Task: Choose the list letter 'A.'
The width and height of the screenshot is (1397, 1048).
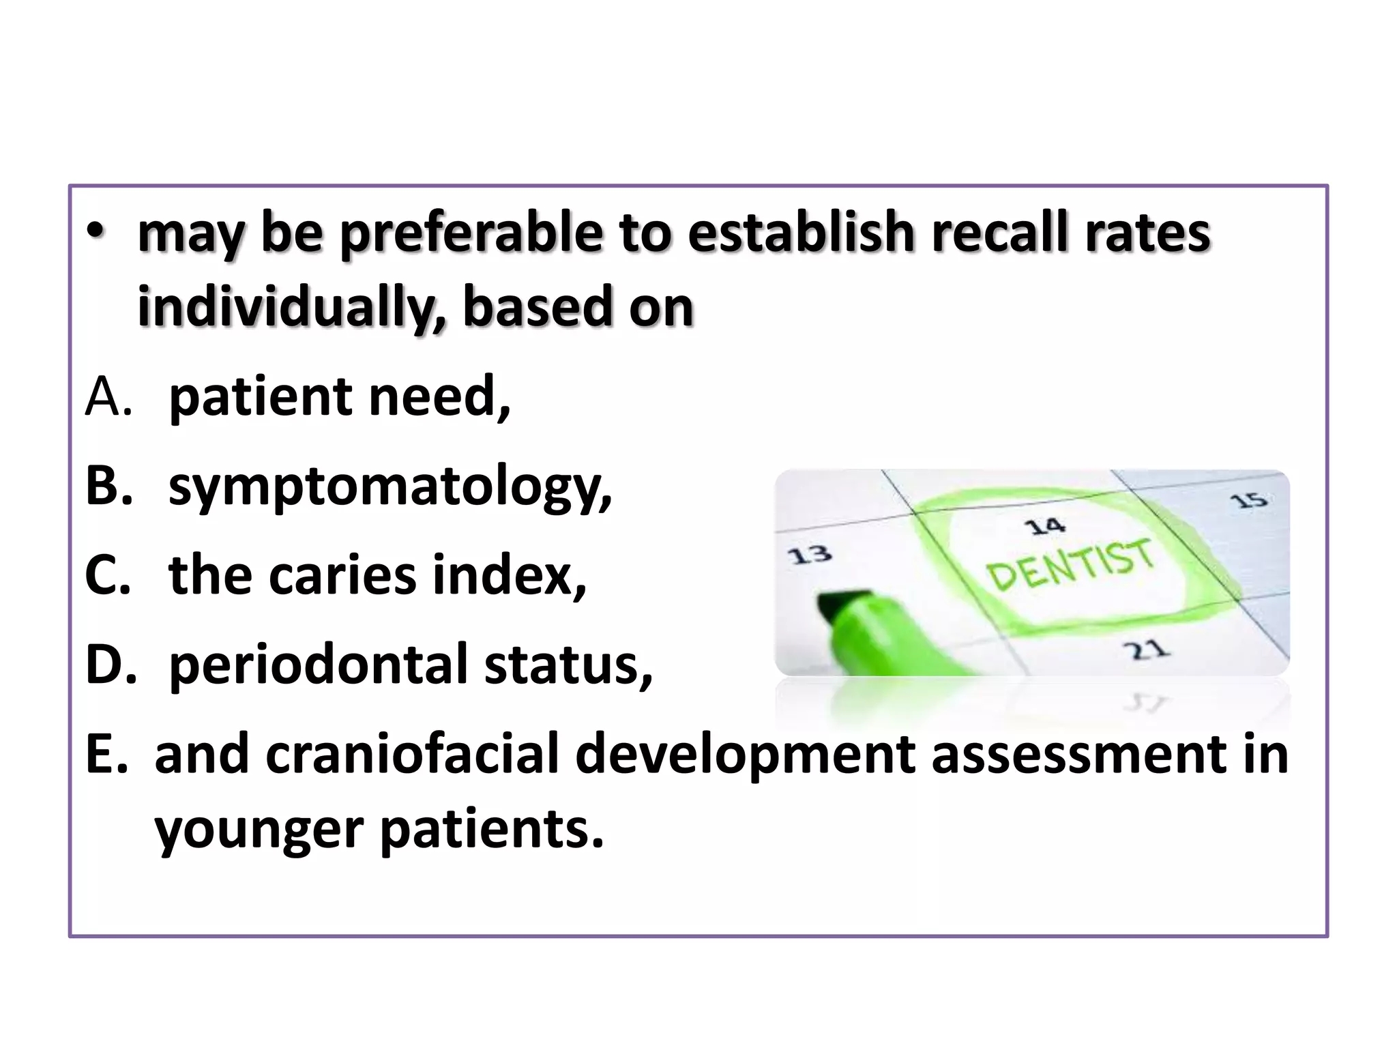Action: coord(108,398)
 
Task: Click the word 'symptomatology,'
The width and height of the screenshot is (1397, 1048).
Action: coord(390,489)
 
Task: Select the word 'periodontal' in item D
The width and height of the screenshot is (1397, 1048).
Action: coord(318,665)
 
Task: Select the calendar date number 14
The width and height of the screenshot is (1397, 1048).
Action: coord(1044,526)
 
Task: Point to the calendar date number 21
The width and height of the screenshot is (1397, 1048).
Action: coord(1148,650)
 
